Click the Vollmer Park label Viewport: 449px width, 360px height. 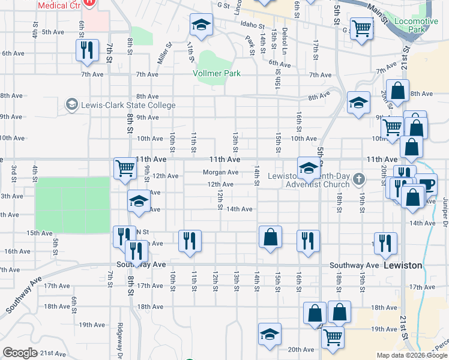217,73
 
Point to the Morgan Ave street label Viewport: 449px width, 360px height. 221,172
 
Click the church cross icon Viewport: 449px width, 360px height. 359,178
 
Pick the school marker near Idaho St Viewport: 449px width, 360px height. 201,25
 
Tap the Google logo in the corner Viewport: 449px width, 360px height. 20,353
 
